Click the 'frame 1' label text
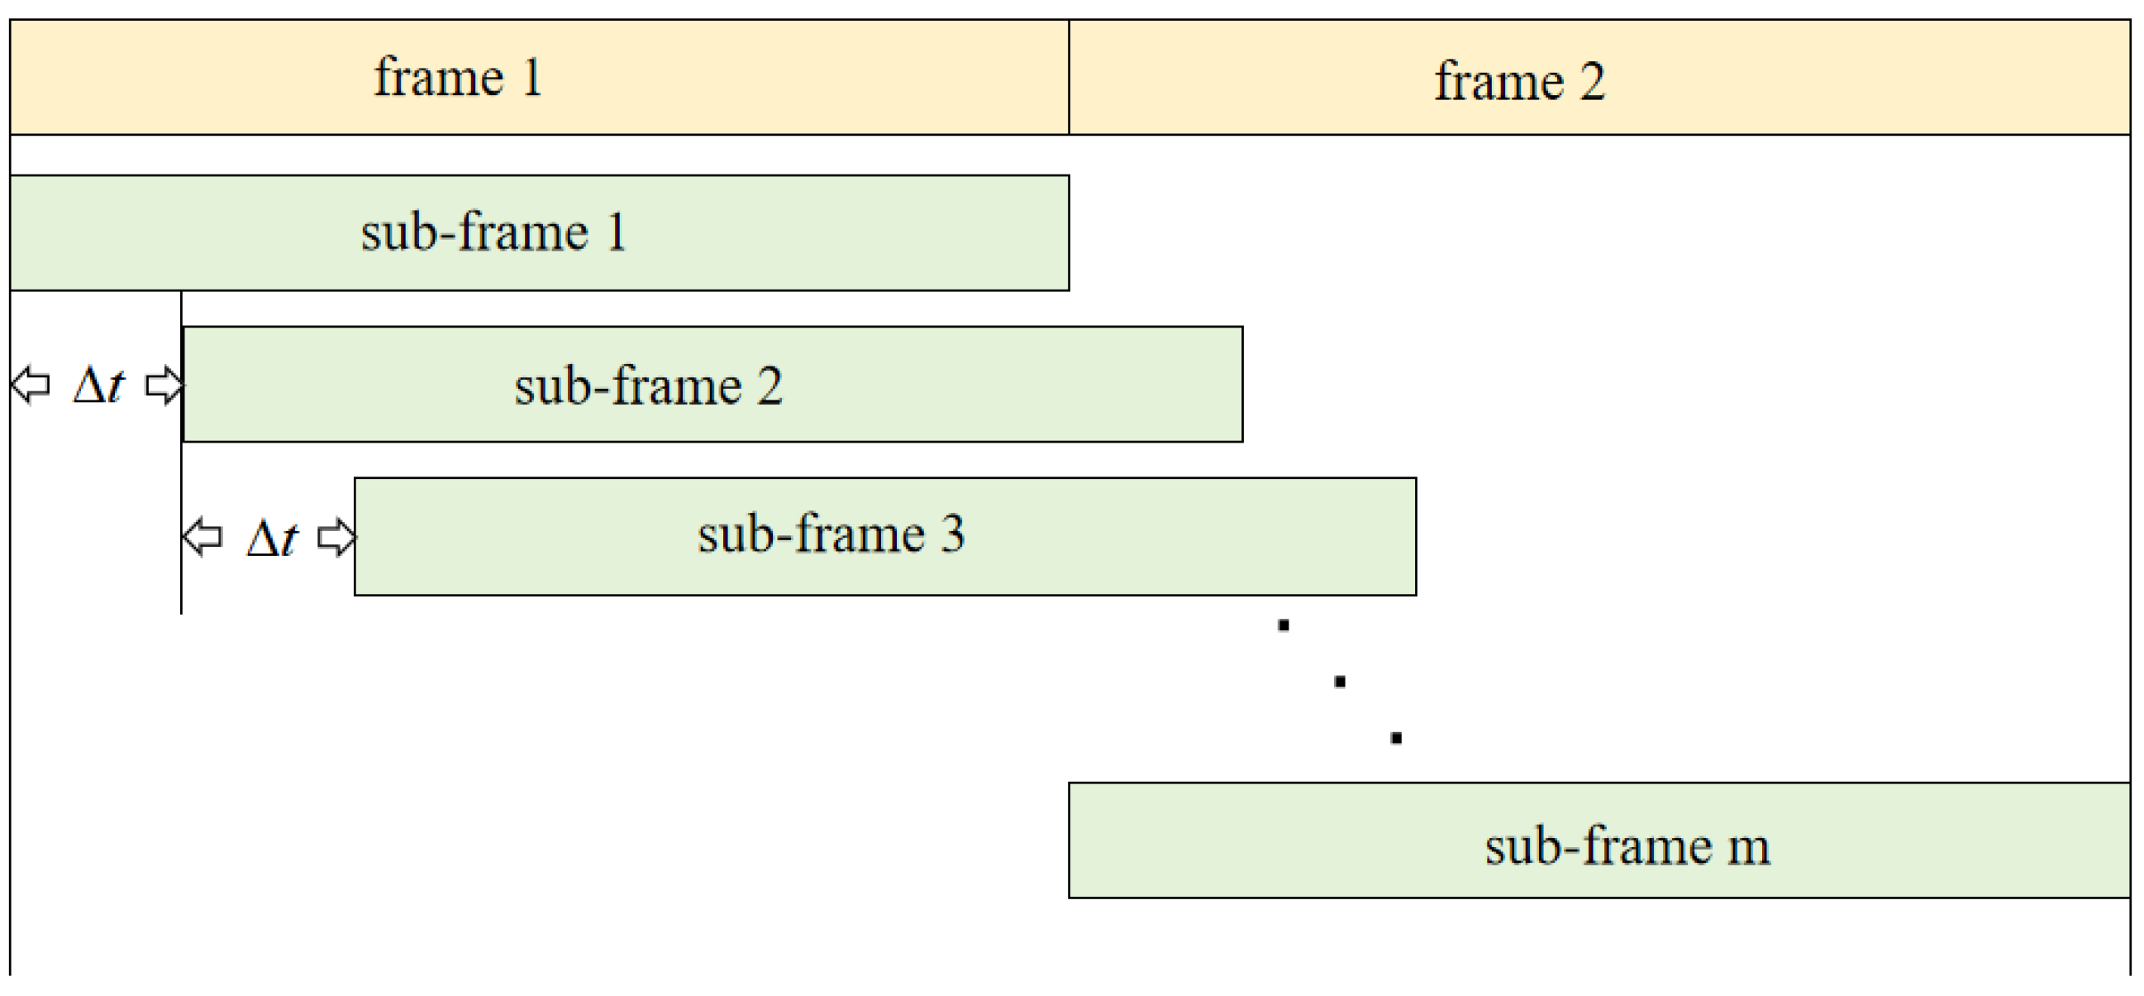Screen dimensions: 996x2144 pos(458,79)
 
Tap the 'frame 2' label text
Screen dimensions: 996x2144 pos(1519,82)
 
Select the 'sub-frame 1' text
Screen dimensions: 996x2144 pos(493,232)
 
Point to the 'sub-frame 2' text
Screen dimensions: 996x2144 pos(648,386)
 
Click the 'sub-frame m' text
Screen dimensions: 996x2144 pos(1627,847)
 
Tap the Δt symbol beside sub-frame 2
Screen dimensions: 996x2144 pos(98,385)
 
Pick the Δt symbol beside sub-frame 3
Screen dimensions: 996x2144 pos(272,538)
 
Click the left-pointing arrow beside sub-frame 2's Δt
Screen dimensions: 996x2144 pos(31,385)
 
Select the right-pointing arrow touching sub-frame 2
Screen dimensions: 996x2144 pos(164,385)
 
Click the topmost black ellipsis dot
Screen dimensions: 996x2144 pos(1284,625)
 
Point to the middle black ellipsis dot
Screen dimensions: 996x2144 pos(1340,682)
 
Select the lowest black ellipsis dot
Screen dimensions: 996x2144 pos(1397,738)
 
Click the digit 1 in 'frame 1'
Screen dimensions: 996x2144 pos(531,79)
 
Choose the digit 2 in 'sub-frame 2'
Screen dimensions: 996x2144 pos(769,386)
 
